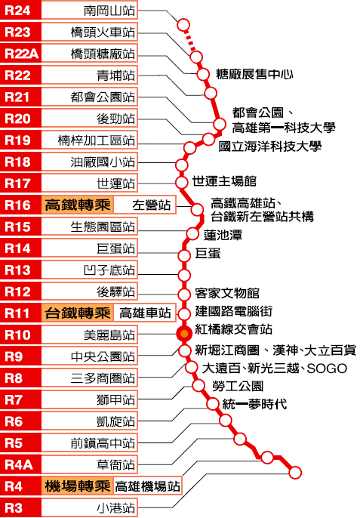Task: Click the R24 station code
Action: click(x=17, y=11)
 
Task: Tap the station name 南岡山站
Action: click(x=109, y=11)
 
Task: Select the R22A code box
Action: click(x=20, y=54)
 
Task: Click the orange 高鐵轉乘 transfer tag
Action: click(x=78, y=205)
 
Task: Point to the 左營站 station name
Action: click(x=151, y=205)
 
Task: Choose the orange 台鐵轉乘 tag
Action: click(x=78, y=313)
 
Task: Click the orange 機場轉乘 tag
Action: click(x=78, y=486)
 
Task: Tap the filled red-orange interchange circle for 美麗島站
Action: click(x=184, y=334)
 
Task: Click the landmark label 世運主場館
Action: click(x=224, y=181)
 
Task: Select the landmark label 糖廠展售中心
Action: click(x=254, y=74)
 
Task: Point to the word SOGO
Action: click(x=327, y=368)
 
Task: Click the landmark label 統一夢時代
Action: click(x=254, y=404)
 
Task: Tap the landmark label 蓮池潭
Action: click(x=223, y=235)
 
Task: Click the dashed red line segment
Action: click(x=189, y=41)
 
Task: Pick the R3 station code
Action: click(x=14, y=507)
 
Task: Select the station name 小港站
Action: click(x=116, y=507)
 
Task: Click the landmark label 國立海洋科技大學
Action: click(x=270, y=146)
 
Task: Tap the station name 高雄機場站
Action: click(x=147, y=486)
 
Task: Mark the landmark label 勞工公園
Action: click(x=238, y=386)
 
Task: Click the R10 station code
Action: click(x=17, y=335)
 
